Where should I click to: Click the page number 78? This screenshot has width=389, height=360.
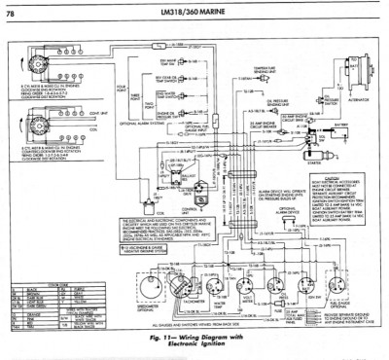pos(13,9)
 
